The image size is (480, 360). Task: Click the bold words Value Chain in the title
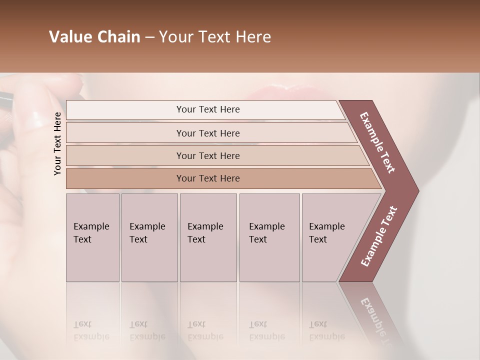94,37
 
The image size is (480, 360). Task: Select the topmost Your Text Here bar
208,109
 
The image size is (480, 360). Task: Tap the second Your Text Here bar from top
208,133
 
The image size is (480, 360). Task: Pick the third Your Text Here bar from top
208,155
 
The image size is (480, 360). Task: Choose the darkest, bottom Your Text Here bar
208,178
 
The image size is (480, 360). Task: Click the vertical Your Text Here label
57,143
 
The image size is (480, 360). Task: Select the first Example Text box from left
92,237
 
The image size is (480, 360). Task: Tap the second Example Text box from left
149,237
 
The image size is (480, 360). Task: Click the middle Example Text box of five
208,237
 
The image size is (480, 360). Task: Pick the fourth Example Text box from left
269,237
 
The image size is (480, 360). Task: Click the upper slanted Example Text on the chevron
377,142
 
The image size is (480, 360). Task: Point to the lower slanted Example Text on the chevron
379,236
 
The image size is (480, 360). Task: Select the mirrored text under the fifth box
326,330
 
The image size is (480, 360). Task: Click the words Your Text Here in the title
215,37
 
